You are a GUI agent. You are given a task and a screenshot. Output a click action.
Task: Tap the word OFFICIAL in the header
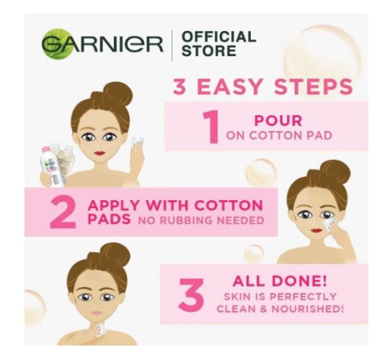click(x=218, y=36)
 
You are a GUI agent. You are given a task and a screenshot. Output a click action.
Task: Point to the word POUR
click(x=278, y=121)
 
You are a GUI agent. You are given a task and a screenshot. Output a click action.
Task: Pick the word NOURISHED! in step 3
click(x=307, y=309)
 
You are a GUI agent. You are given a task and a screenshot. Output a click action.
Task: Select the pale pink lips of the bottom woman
click(x=96, y=312)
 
